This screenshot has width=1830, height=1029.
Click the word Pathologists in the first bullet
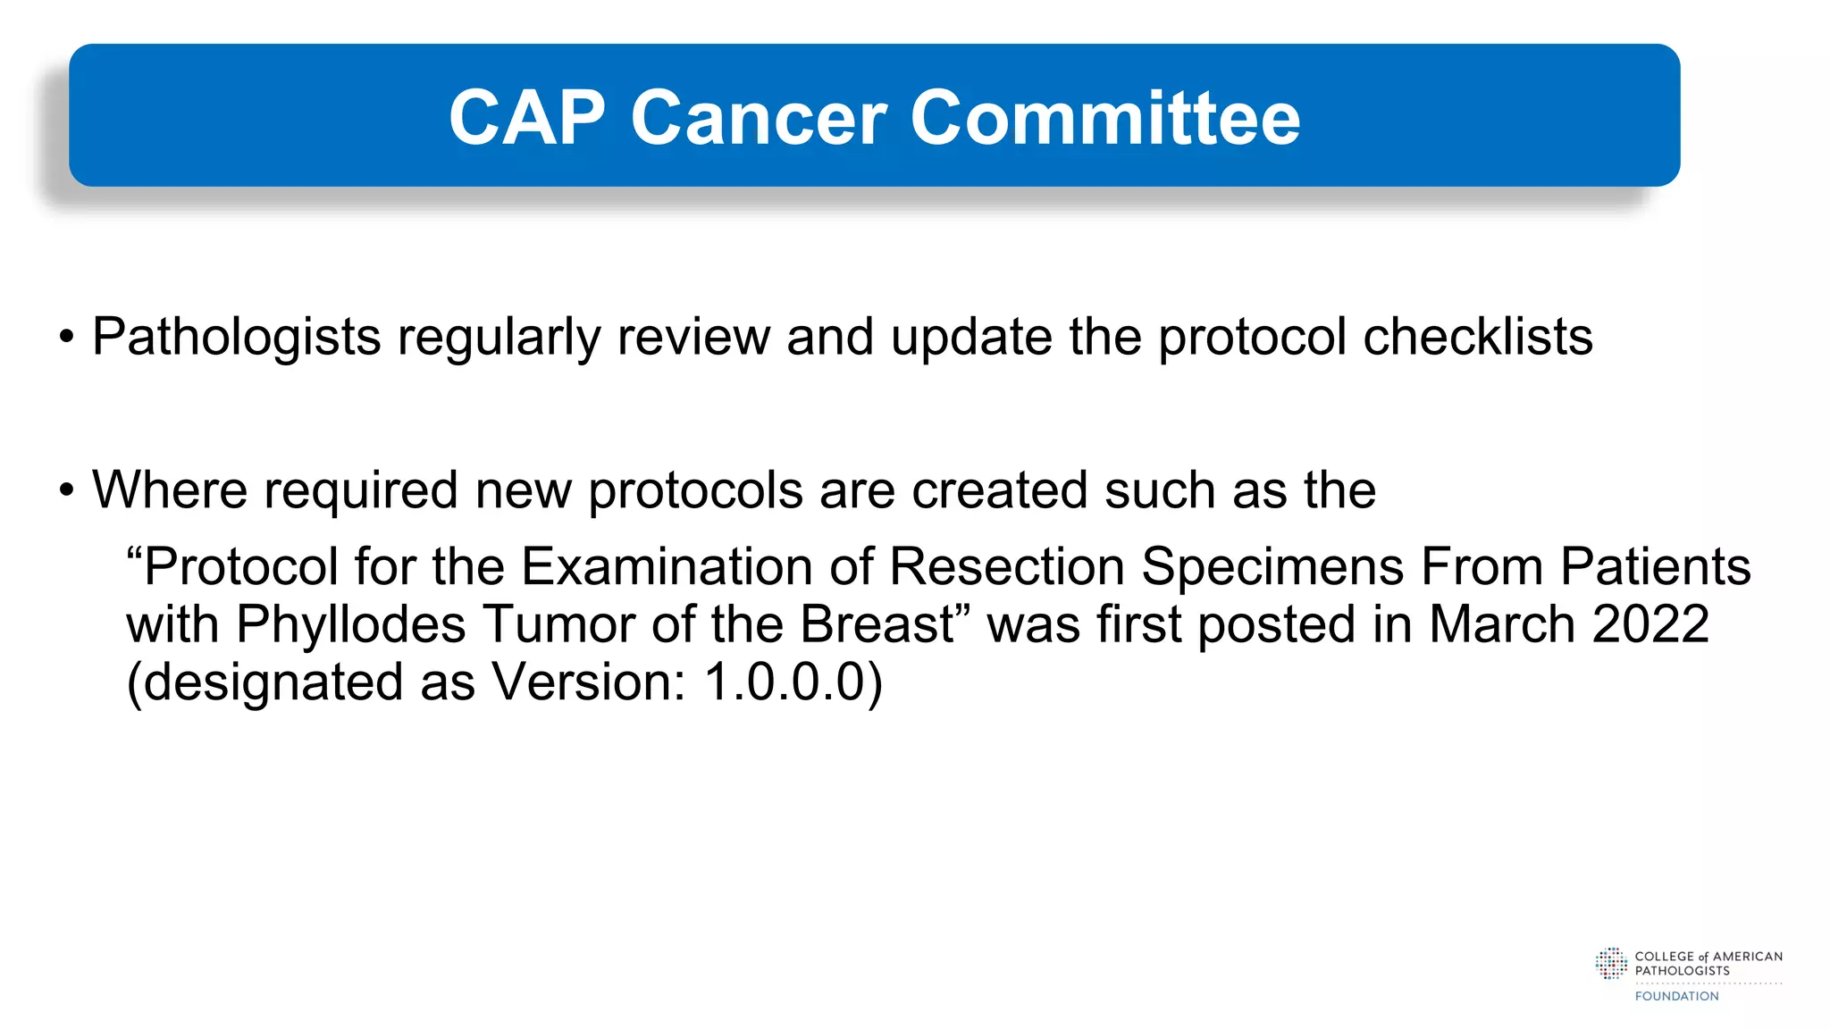point(237,338)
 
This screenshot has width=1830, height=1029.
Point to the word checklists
point(1478,337)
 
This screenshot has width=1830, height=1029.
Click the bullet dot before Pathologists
point(66,339)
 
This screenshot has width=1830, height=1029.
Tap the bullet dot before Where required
point(66,491)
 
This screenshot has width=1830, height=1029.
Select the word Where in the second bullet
point(170,490)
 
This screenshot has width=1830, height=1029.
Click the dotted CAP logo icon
point(1611,964)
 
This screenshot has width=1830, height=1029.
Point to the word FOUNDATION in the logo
point(1676,996)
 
